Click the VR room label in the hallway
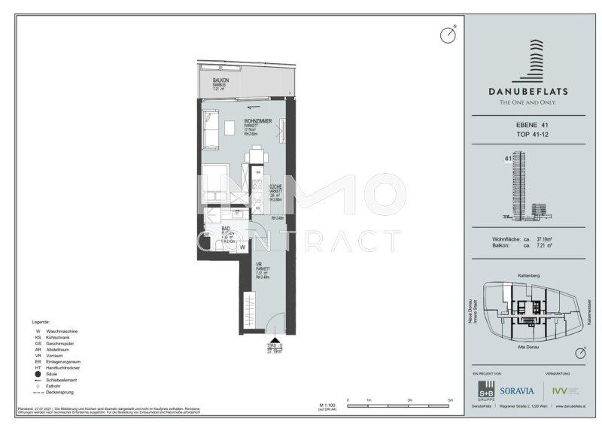258,264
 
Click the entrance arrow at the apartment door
278,339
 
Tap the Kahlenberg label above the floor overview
531,275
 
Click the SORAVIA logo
518,390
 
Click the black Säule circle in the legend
38,373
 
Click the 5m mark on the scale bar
450,399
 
